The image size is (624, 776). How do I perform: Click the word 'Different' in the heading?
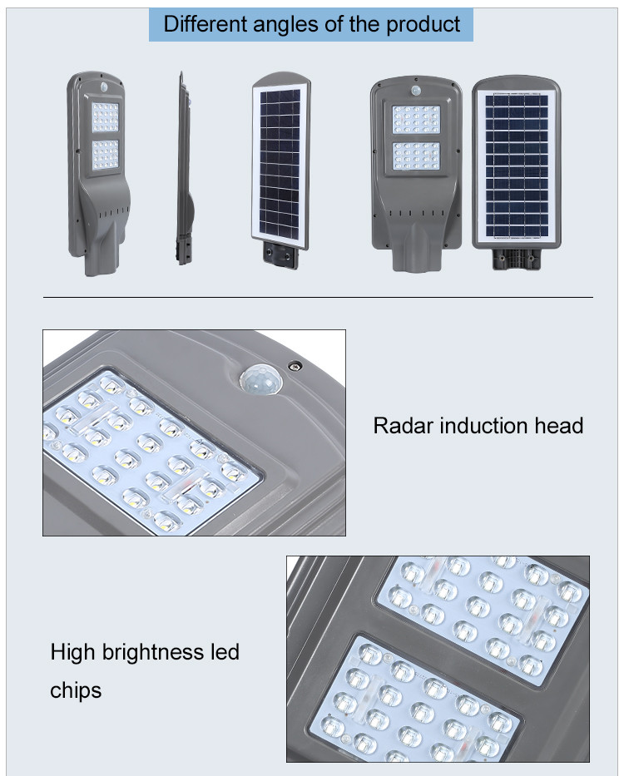[x=205, y=24]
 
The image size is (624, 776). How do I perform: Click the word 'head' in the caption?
[x=558, y=426]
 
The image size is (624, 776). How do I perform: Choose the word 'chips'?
[x=76, y=691]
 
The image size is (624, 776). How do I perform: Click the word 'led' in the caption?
[x=225, y=652]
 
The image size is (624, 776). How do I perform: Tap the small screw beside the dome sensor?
[x=295, y=366]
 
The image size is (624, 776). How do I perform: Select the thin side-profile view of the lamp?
[x=184, y=168]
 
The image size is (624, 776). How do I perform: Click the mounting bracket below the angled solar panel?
[x=281, y=255]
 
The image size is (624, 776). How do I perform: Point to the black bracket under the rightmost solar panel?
[x=517, y=259]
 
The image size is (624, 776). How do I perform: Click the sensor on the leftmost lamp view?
[x=104, y=87]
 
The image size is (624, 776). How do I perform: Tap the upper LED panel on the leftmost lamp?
[x=106, y=117]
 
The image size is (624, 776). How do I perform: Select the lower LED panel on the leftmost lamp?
[x=106, y=155]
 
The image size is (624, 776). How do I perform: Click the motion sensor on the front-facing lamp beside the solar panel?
[x=415, y=91]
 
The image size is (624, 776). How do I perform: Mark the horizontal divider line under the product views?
[x=318, y=298]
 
